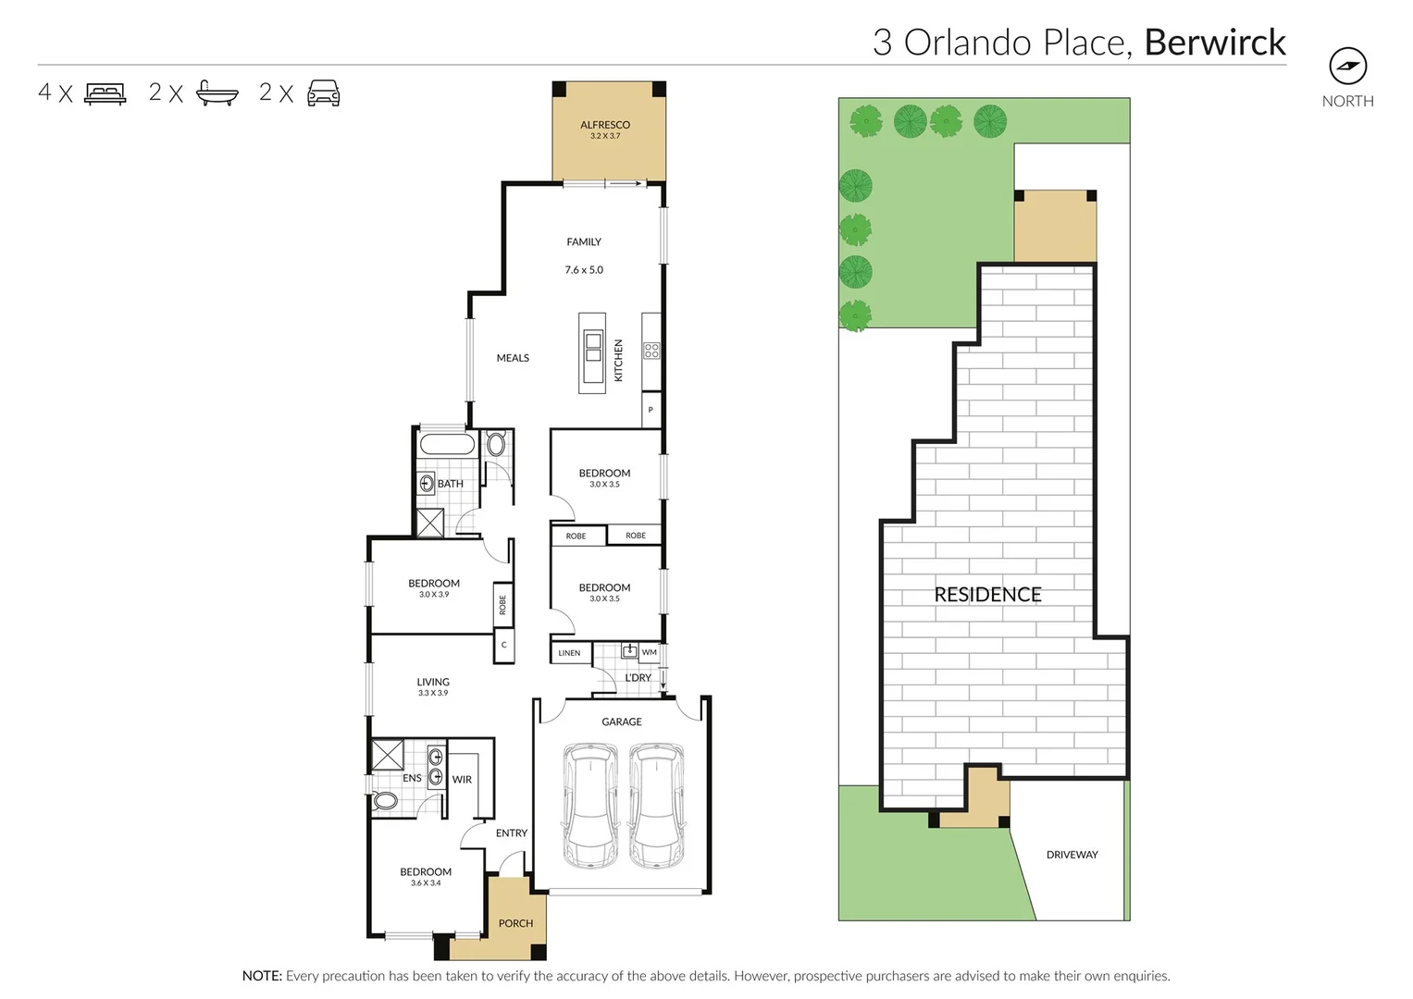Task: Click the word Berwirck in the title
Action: (x=1215, y=43)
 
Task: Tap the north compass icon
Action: (x=1347, y=66)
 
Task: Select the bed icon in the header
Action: (x=105, y=93)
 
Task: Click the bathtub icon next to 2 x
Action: (x=217, y=93)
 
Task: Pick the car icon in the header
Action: (x=323, y=93)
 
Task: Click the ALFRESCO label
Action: (x=605, y=125)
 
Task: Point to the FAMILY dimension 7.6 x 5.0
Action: (x=584, y=270)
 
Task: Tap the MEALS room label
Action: (x=513, y=358)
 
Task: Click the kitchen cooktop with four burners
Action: (x=651, y=351)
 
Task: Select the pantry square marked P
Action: (x=651, y=410)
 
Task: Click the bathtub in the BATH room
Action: (x=447, y=444)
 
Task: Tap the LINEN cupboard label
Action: (x=569, y=653)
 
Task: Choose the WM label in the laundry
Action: (x=650, y=652)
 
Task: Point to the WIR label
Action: (x=462, y=780)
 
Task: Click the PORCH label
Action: (x=515, y=923)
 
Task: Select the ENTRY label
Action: (x=511, y=833)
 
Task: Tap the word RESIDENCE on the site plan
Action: (x=987, y=595)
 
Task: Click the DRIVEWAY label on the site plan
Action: (x=1072, y=855)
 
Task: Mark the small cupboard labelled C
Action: (x=503, y=645)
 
